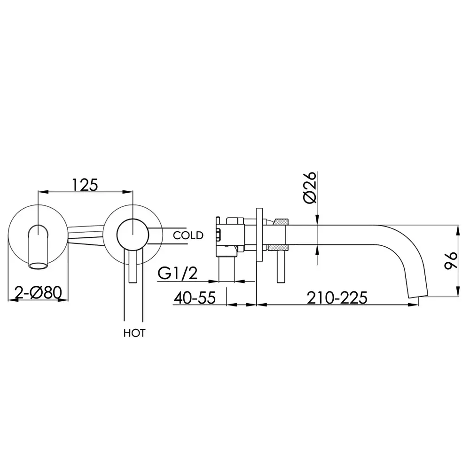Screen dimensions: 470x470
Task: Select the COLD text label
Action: coord(188,235)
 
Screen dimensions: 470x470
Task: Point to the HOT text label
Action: coord(134,333)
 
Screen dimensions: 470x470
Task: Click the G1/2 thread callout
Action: coord(178,274)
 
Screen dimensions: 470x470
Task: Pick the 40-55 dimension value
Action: coord(195,298)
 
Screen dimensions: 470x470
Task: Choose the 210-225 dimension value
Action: coord(337,298)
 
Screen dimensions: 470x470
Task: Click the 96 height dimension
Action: coord(451,260)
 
